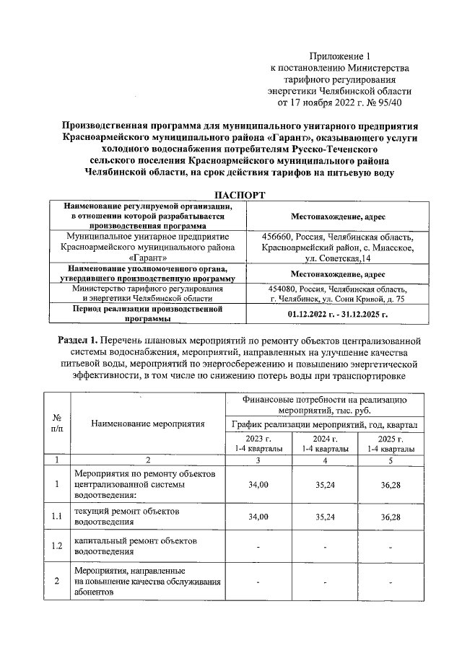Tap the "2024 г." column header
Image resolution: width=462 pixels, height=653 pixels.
[x=325, y=439]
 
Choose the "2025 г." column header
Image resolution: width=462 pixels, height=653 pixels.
[x=390, y=439]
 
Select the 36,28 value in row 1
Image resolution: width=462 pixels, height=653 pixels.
[x=390, y=484]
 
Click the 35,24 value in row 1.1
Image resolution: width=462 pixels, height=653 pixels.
[x=325, y=517]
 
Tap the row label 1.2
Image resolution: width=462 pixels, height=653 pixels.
[x=57, y=545]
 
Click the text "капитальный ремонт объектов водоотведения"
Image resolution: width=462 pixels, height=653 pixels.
[x=135, y=545]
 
